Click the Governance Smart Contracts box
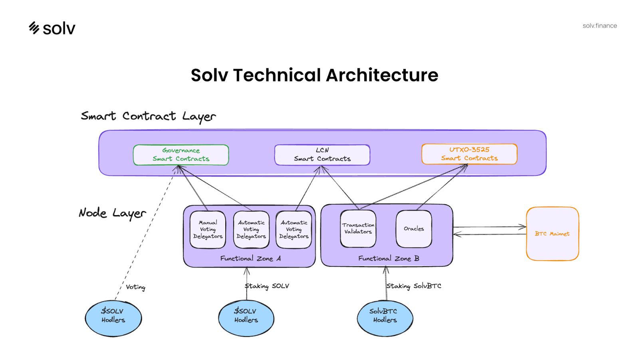(x=181, y=155)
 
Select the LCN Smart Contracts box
(x=322, y=155)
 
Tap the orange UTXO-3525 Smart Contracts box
(x=469, y=154)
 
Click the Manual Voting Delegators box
(x=208, y=229)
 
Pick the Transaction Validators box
(x=358, y=229)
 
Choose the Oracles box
(x=414, y=229)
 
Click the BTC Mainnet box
(x=552, y=234)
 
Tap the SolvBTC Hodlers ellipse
(x=385, y=318)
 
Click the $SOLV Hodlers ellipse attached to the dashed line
(x=113, y=318)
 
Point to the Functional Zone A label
(x=250, y=259)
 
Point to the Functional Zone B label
(x=389, y=259)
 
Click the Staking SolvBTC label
(x=414, y=286)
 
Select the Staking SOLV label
(x=267, y=286)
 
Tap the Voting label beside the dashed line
(x=135, y=287)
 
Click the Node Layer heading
(x=112, y=213)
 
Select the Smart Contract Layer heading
(x=148, y=116)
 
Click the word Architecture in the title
(x=382, y=75)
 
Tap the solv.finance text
(x=599, y=26)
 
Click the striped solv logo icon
(x=34, y=28)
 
